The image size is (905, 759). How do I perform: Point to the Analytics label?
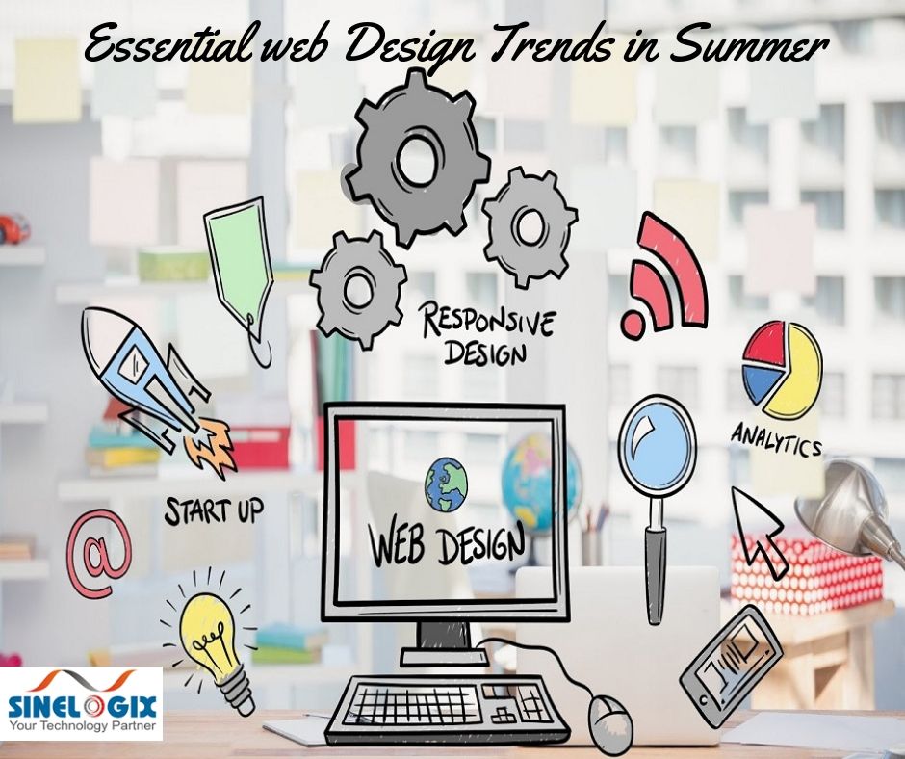click(x=776, y=438)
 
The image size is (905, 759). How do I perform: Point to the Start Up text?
click(x=213, y=510)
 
